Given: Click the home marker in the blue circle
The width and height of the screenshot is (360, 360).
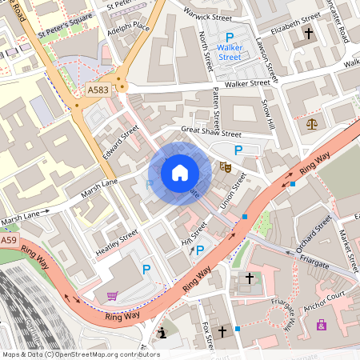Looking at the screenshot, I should point(180,173).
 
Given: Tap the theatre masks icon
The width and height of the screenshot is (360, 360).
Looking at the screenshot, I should point(226,168).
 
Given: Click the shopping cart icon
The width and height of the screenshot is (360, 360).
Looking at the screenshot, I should point(111,296).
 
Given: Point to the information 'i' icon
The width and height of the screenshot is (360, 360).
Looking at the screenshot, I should point(163,332).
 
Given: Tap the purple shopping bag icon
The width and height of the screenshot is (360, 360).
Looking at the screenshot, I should point(322,325).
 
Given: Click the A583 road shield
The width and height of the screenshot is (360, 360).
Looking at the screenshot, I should point(98,90).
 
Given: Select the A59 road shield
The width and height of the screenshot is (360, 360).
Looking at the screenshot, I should point(8,240).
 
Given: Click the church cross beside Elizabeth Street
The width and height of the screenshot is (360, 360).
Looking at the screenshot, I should point(309,34).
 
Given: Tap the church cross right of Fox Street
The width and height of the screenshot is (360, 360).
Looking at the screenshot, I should point(222,330).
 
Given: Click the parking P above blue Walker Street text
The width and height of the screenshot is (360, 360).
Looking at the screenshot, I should point(230,38).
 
